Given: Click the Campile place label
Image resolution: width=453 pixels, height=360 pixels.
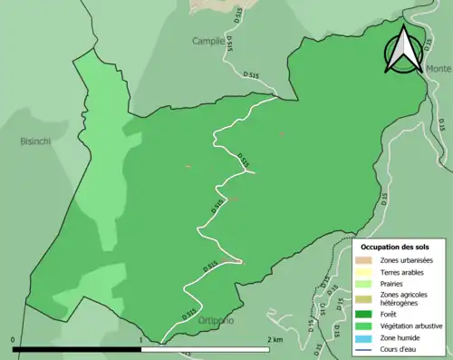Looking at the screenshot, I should coord(207,41).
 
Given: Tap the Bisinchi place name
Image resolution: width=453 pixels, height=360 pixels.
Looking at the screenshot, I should coord(38,141).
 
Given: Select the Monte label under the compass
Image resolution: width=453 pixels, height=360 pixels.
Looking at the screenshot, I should coord(439,69).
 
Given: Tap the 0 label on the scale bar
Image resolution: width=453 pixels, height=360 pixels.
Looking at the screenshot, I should coord(13,339).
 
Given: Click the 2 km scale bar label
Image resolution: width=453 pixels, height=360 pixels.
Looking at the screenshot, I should coord(274,339).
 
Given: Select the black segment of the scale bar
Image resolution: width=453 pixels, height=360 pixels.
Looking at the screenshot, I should coord(77,348).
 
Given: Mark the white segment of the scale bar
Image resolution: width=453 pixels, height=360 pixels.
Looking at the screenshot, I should coord(205,348).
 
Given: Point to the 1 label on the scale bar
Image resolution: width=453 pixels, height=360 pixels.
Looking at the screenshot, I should coord(141,339).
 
